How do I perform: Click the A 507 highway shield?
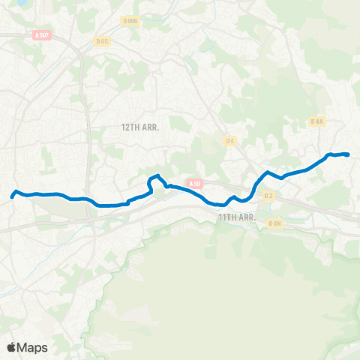point(42,34)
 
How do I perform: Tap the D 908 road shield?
point(130,21)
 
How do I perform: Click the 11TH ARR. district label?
point(237,217)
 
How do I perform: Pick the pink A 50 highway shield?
point(195,183)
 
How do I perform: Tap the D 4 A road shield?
point(316,121)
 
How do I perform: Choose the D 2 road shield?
point(268,196)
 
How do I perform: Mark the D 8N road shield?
point(275,223)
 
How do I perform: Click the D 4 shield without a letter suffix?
point(230,140)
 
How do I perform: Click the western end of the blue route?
point(13,197)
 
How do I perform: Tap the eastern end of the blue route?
point(349,154)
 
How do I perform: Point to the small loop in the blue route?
point(155,181)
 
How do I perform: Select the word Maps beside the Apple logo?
point(34,347)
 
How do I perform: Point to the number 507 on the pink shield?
point(45,34)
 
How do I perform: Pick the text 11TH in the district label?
point(226,217)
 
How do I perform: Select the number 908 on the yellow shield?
point(133,21)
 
